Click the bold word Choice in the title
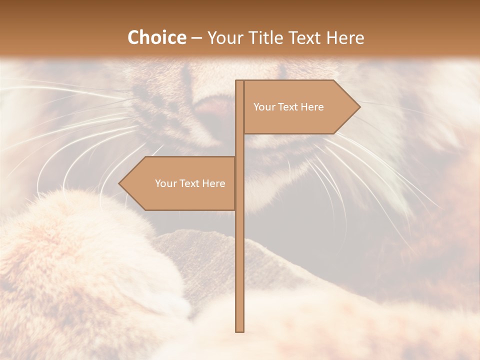click(156, 37)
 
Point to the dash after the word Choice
click(196, 38)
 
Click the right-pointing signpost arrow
click(300, 107)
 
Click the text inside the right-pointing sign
click(288, 107)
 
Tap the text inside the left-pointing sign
click(190, 183)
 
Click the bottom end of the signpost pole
click(240, 329)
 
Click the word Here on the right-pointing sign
click(312, 107)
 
